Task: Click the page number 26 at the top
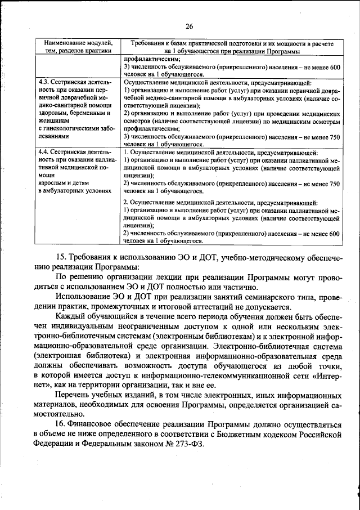(x=189, y=26)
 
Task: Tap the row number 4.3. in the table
(x=44, y=83)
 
